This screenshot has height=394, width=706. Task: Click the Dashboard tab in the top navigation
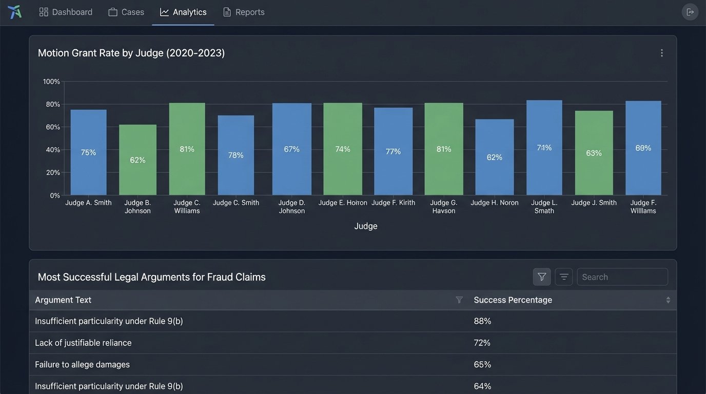tap(66, 12)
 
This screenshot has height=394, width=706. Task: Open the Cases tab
tap(126, 12)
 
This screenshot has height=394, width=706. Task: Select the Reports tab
tap(244, 12)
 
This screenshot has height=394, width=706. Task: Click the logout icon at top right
tap(690, 12)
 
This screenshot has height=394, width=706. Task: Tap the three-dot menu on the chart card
tap(661, 53)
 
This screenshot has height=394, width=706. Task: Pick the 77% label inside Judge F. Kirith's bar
tap(393, 151)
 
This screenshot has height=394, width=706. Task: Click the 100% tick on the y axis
tap(51, 82)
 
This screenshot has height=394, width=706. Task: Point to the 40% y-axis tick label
tap(53, 150)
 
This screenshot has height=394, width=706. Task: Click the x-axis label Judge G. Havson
tap(443, 207)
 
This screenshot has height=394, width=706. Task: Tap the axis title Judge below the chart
tap(365, 226)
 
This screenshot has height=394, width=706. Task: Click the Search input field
tap(622, 277)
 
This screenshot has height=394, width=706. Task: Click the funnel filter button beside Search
tap(542, 277)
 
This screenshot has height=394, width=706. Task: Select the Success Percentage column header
tap(513, 300)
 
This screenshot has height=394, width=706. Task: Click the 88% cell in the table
tap(482, 321)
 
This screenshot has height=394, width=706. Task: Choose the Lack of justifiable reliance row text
tap(83, 343)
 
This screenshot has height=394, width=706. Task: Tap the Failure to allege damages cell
tap(82, 365)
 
